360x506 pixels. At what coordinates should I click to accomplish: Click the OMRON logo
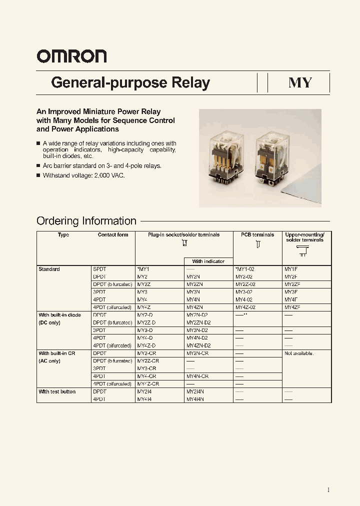pos(71,56)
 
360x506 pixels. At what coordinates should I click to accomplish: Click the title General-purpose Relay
pos(130,82)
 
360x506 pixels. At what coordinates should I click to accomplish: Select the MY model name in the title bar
pos(300,82)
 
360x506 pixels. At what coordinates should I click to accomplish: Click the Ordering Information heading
pos(86,221)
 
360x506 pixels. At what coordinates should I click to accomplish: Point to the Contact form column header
pos(113,235)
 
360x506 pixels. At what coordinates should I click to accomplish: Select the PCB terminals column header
pos(257,235)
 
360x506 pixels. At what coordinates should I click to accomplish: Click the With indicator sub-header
pos(208,261)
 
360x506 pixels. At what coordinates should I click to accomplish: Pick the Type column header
pos(63,235)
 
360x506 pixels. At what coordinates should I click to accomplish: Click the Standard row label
pos(49,269)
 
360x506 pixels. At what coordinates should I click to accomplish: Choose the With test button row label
pos(57,392)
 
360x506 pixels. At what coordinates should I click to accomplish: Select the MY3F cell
pos(291,292)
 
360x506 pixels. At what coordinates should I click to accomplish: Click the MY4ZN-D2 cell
pos(198,345)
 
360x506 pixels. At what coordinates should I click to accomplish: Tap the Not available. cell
pos(299,353)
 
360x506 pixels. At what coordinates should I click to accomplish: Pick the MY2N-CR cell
pos(197,353)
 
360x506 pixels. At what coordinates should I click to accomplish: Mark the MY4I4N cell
pos(196,399)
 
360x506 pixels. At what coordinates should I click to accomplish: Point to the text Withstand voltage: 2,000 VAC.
pos(83,176)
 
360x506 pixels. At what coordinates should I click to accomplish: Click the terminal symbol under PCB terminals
pos(258,245)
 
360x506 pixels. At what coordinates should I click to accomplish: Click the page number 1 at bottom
pos(328,490)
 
